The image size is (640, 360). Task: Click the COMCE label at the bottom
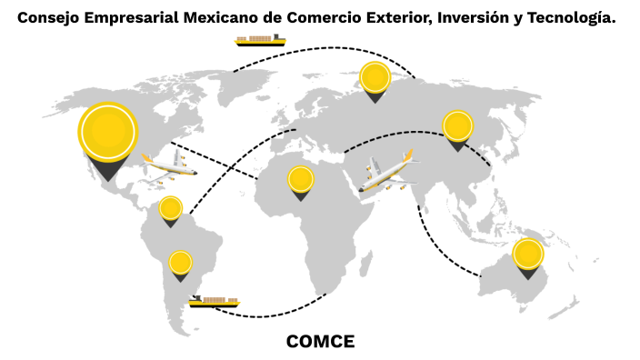(x=320, y=342)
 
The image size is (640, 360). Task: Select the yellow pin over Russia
(x=375, y=78)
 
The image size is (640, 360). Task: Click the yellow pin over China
(x=457, y=126)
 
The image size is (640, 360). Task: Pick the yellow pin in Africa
(x=301, y=180)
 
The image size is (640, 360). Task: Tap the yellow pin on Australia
(x=527, y=255)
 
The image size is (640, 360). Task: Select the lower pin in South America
(x=180, y=264)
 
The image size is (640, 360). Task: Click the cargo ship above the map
(x=260, y=40)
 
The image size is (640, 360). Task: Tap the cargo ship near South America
(x=215, y=301)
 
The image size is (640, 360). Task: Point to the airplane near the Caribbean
(x=169, y=165)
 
